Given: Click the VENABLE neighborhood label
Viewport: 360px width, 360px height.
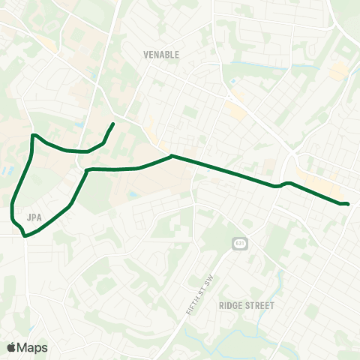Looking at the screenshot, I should point(161,55).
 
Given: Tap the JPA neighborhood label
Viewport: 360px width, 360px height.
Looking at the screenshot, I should point(33,217).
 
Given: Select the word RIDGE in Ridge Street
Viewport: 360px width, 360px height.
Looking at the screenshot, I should point(231,306).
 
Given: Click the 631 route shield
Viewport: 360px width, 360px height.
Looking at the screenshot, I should point(238,244).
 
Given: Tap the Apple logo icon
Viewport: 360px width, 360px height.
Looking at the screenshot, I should point(12,347).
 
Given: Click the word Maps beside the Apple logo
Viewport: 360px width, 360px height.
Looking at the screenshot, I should point(33,347).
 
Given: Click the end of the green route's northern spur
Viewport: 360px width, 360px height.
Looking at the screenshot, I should point(112,123).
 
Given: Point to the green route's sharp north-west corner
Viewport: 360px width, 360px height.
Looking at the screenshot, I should point(32,136).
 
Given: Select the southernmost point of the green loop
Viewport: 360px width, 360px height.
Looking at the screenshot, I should point(25,236).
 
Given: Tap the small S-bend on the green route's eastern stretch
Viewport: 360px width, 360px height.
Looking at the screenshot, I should point(280,184).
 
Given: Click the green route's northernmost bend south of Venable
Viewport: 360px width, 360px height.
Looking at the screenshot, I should point(172,156).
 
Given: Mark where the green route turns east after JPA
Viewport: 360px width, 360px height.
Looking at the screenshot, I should point(87,172).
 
